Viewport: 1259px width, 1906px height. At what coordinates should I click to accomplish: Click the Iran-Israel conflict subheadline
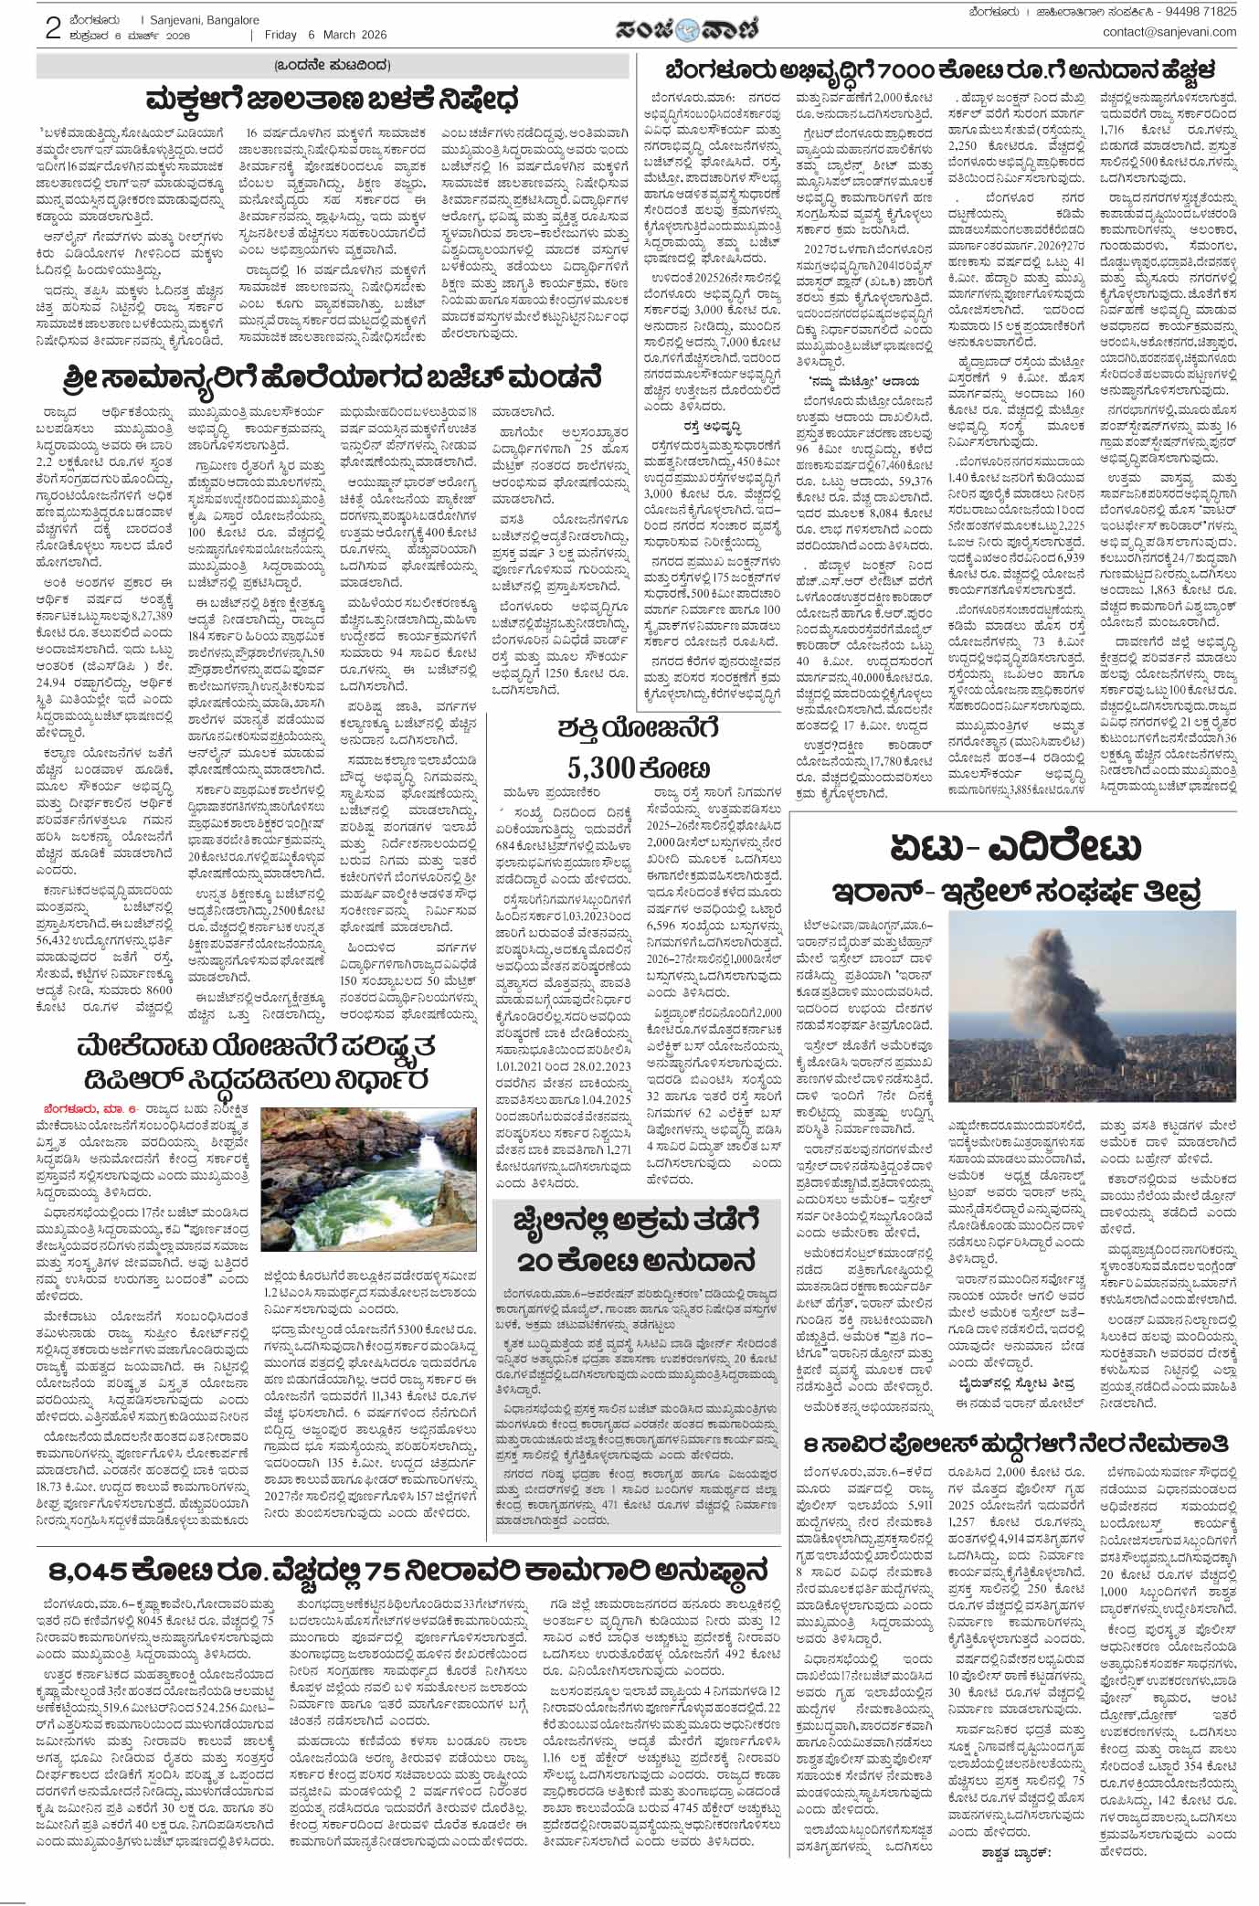1013,891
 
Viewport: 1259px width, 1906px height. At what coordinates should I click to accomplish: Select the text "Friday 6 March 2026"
325,35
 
